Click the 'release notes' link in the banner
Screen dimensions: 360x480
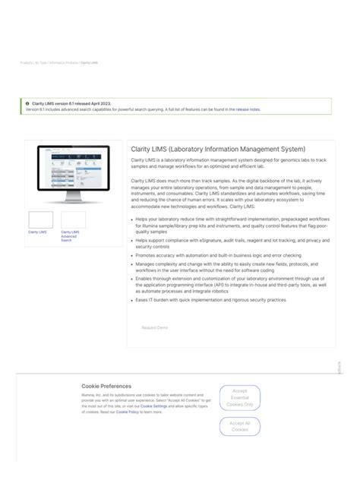coord(248,109)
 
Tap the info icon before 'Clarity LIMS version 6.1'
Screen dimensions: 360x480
coord(27,103)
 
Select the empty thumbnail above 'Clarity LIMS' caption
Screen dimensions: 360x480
coord(41,219)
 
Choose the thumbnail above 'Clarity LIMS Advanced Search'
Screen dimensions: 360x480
coord(73,219)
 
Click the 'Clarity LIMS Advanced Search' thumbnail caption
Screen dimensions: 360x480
coord(70,235)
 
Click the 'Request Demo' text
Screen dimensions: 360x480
coord(154,327)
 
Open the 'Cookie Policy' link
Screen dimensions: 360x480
coord(127,412)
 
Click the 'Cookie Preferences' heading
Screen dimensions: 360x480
coord(106,386)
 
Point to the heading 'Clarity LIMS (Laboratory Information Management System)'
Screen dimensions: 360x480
coord(218,149)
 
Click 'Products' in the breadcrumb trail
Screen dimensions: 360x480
coord(26,63)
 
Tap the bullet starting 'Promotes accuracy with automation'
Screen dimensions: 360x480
coord(218,255)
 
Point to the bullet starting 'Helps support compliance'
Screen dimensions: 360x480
coord(232,243)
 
